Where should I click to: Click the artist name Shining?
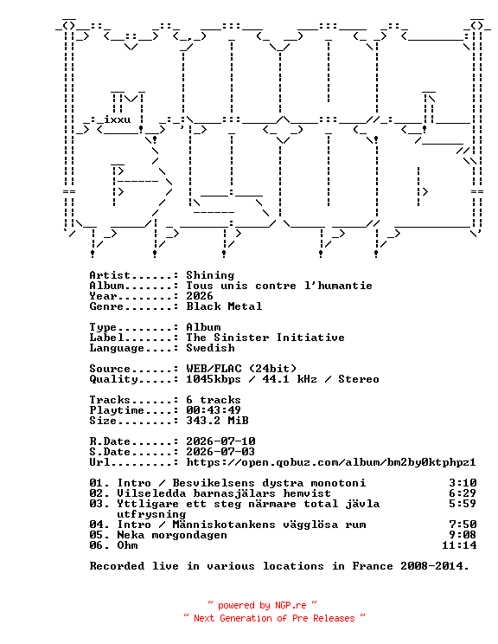point(210,275)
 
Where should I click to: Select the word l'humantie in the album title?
point(338,286)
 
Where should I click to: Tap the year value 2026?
point(200,296)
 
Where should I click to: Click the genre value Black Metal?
point(224,306)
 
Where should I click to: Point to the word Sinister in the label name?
point(241,338)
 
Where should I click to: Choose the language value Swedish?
point(210,348)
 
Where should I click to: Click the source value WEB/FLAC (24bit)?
point(241,369)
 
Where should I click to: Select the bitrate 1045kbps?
point(214,379)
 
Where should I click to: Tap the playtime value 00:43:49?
point(214,410)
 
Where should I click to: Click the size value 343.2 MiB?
point(217,421)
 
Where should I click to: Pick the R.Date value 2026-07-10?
point(220,441)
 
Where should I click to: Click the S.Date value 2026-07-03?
point(220,452)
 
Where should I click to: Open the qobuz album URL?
point(331,462)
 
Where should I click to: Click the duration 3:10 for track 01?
point(463,483)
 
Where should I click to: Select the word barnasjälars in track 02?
point(234,493)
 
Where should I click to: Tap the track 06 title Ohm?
point(128,545)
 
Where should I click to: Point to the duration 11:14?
point(459,545)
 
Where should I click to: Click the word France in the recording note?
point(373,566)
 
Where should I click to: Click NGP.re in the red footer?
point(290,605)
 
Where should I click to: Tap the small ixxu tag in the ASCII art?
point(118,119)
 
